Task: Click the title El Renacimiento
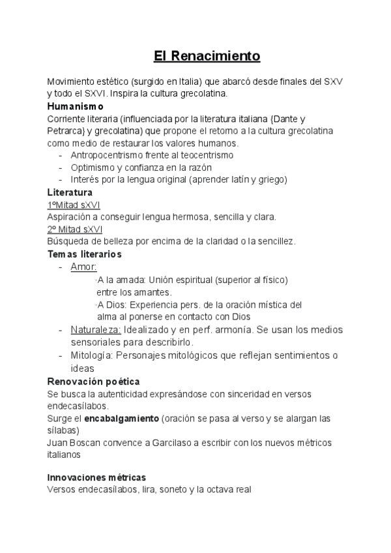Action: [207, 56]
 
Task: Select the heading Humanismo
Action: [76, 106]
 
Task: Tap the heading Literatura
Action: [70, 192]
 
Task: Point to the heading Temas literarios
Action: [85, 254]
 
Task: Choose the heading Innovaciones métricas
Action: [96, 477]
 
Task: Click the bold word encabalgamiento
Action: [120, 418]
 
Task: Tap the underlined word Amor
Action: [83, 267]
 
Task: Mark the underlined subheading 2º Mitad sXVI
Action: [74, 229]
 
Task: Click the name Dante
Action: [285, 118]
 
